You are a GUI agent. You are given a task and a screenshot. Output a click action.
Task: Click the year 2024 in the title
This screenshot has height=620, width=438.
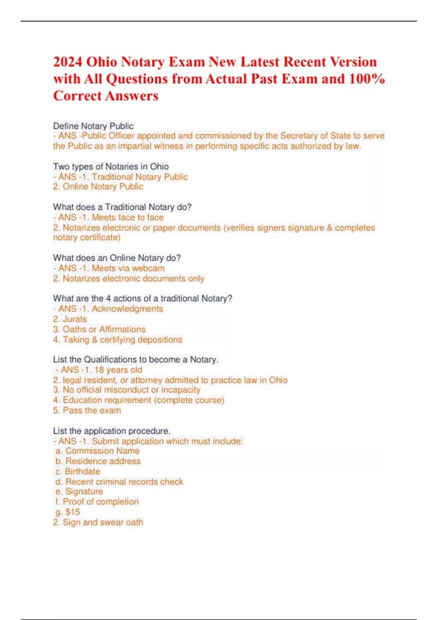[68, 62]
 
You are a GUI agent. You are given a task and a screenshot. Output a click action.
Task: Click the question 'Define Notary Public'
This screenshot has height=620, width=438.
[93, 126]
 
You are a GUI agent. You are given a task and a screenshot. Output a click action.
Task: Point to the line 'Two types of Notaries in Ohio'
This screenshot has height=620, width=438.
[111, 167]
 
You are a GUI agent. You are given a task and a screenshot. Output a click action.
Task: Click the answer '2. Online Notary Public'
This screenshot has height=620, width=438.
[98, 187]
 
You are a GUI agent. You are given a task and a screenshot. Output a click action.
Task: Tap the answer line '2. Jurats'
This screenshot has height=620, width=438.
[70, 319]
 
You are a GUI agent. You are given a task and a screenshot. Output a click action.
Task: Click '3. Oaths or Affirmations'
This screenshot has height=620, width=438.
[99, 329]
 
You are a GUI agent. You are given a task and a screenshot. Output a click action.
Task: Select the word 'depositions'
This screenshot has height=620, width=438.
[161, 340]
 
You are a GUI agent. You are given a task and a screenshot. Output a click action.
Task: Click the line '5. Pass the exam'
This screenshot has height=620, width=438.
[87, 411]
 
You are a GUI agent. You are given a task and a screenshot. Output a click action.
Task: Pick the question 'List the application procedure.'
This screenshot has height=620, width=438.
[112, 431]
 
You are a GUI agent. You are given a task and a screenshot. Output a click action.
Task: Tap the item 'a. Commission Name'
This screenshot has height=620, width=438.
[97, 451]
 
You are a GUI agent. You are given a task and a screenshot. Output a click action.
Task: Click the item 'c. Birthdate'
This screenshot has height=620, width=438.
[78, 472]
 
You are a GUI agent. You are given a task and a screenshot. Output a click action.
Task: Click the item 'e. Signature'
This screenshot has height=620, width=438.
[79, 492]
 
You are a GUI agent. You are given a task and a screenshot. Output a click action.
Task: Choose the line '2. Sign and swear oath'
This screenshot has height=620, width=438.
[98, 523]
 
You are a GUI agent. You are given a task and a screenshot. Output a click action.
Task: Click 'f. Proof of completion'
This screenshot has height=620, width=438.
[97, 502]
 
